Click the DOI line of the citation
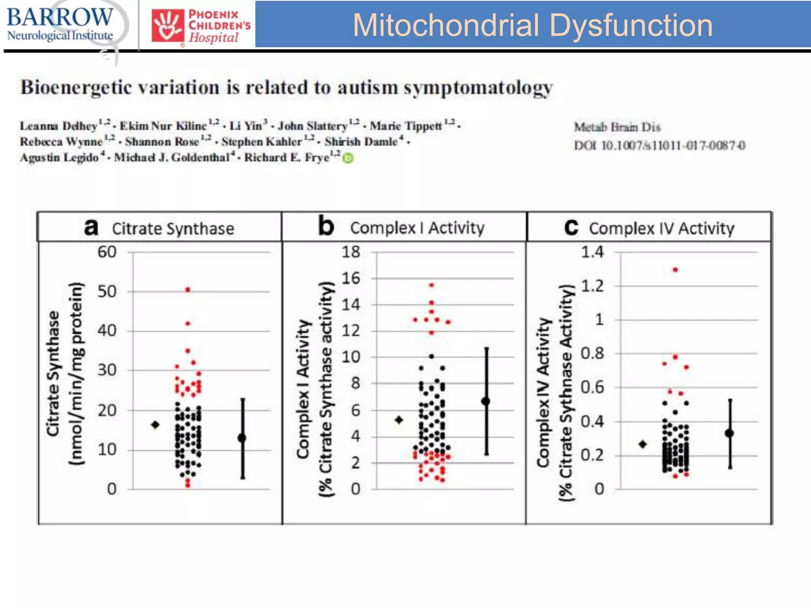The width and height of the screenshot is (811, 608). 659,146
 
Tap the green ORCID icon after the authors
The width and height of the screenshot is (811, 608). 348,158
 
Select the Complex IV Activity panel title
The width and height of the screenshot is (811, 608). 661,229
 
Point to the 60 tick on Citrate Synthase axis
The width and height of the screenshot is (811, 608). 107,252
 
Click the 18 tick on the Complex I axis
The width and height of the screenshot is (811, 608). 351,252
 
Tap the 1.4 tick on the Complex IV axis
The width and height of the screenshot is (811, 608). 592,252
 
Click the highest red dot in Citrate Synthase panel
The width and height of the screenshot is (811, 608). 188,290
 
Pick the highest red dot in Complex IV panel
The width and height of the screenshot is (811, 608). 675,270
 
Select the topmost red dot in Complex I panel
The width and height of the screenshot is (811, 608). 432,285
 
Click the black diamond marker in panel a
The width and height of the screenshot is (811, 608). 155,425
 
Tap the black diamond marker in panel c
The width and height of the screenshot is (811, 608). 643,444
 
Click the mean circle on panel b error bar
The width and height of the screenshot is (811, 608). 486,401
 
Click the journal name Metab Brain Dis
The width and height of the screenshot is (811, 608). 617,127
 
